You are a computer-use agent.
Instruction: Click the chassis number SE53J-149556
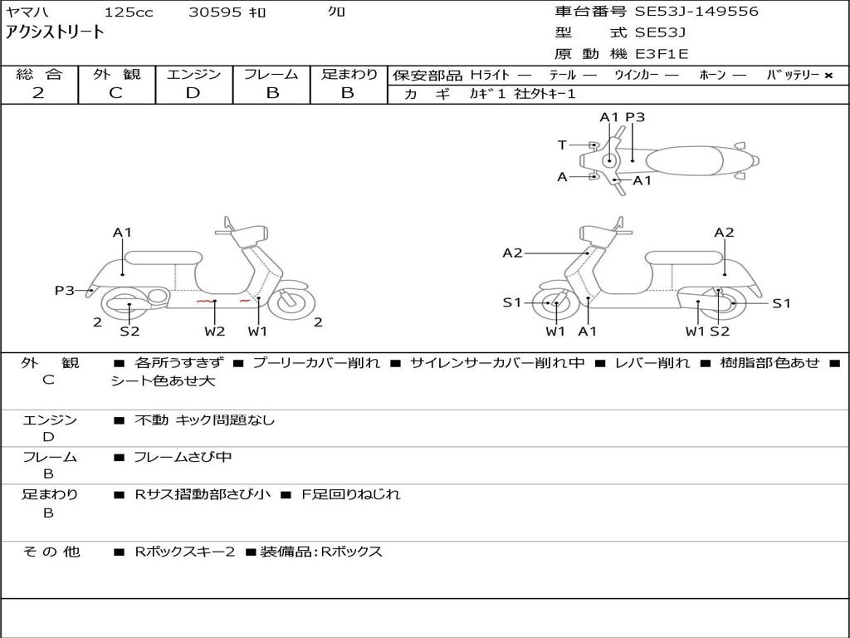pos(696,12)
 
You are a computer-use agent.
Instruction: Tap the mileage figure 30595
pos(215,12)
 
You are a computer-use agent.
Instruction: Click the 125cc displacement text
pos(129,12)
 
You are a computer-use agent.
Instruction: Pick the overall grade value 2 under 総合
pos(38,93)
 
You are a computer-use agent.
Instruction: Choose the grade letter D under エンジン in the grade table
pos(193,93)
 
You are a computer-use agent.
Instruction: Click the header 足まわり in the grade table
pos(349,74)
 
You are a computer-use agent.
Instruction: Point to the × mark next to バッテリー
pos(828,76)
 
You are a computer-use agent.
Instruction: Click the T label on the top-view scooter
pos(562,145)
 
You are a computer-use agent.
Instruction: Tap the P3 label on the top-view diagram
pos(635,117)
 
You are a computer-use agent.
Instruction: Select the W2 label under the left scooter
pos(215,331)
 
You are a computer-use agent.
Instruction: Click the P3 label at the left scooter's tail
pos(65,291)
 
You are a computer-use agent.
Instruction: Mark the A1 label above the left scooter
pos(123,233)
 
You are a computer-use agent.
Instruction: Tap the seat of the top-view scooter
pos(684,161)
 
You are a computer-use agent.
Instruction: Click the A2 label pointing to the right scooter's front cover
pos(512,253)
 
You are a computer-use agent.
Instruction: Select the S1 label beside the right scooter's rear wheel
pos(781,303)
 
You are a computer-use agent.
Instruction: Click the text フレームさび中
pos(183,458)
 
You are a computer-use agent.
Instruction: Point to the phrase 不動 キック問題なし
pos(205,420)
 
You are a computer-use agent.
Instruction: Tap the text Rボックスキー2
pos(185,552)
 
